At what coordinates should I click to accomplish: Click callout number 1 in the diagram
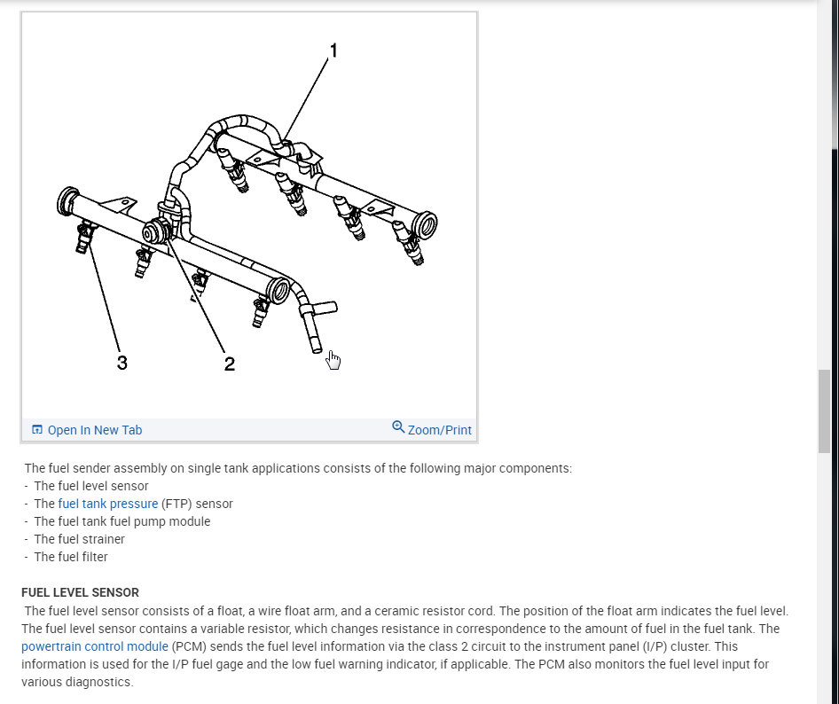coord(333,51)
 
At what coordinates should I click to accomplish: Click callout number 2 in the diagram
coord(229,364)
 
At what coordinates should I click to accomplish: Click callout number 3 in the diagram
coord(122,363)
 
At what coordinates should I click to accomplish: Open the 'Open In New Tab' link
coord(94,430)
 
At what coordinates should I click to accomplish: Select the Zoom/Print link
coord(439,430)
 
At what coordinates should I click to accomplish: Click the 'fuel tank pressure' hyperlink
coord(108,504)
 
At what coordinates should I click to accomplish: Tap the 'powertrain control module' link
coord(95,647)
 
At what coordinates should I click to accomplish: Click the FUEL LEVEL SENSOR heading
coord(80,592)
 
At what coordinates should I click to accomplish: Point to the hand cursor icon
coord(333,359)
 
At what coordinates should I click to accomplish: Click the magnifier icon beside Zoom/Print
coord(398,427)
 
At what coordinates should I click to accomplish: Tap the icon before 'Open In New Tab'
coord(37,430)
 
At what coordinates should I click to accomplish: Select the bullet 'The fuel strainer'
coord(79,539)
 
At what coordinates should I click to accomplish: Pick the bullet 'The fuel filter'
coord(71,557)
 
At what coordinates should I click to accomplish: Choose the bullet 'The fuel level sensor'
coord(91,486)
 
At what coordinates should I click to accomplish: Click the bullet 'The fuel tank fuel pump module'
coord(122,521)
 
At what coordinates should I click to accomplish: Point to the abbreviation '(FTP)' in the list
coord(176,504)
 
